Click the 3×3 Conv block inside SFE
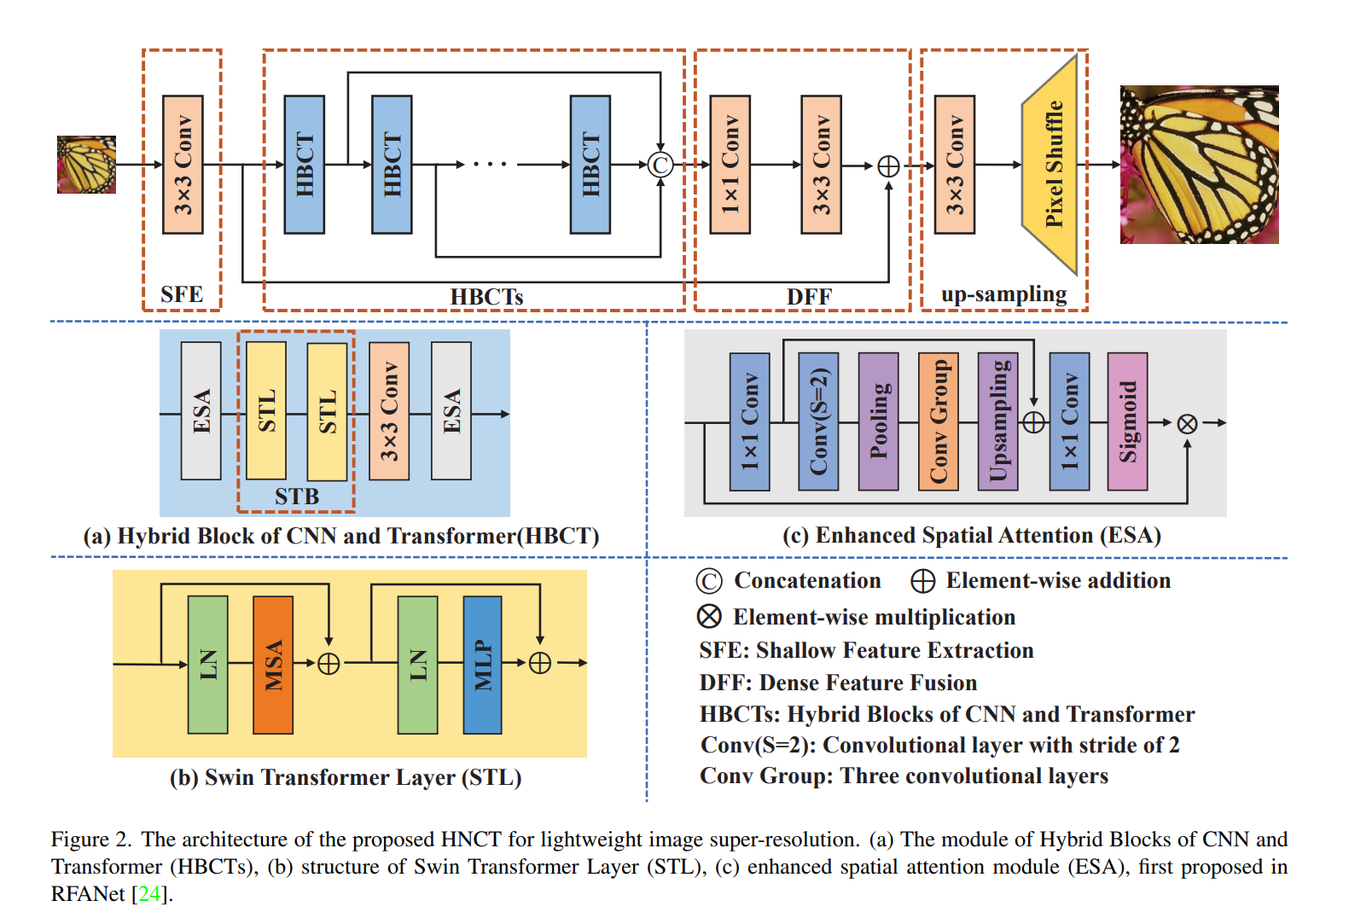coord(183,165)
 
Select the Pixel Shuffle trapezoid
coord(1052,165)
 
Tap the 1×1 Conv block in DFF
coord(730,165)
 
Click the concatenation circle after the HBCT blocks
coord(660,165)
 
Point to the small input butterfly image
coord(86,165)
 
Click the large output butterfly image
coord(1199,165)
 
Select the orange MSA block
coord(273,665)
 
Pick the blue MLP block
coord(482,665)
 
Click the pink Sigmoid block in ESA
coord(1127,421)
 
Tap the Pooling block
coord(878,421)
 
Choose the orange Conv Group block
coord(938,421)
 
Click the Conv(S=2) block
coord(818,421)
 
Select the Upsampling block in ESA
coord(997,421)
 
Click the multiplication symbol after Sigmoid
coord(1187,423)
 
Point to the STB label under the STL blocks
coord(297,497)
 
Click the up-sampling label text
coord(1003,294)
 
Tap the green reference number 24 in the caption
coord(149,894)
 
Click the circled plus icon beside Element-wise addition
coord(922,581)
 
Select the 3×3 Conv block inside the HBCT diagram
coord(389,411)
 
